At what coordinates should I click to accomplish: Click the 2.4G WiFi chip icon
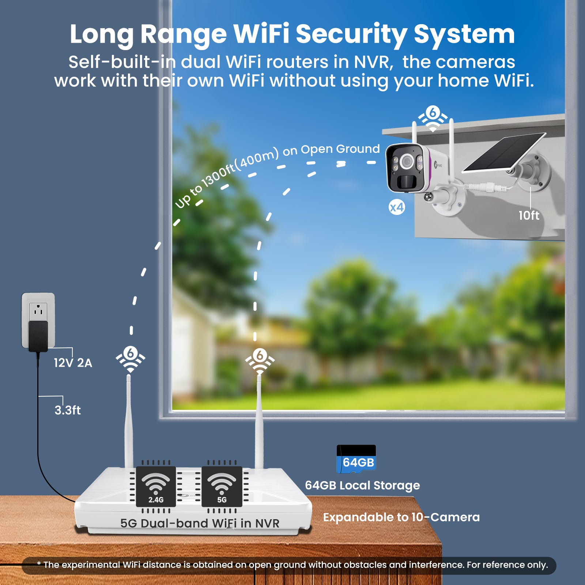point(156,487)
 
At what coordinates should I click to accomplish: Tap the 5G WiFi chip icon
point(222,487)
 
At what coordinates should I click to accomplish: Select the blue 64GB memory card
point(356,459)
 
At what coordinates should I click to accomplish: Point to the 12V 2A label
point(73,363)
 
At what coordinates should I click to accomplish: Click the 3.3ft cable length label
point(68,410)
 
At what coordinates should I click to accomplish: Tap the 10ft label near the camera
point(529,215)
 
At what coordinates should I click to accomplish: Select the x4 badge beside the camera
point(397,208)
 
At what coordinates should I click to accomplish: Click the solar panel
point(505,152)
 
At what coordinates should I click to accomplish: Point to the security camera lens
point(406,161)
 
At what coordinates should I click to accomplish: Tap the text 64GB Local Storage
point(362,486)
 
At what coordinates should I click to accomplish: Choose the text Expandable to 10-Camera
point(401,517)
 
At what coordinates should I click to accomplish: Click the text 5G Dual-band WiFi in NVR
point(200,523)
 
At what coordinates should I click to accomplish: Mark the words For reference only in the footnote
point(507,565)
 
